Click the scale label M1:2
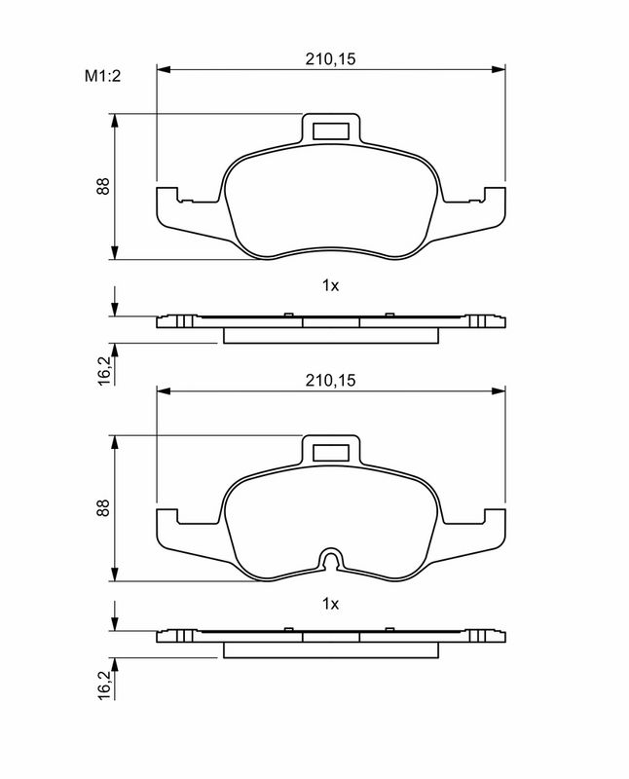[102, 76]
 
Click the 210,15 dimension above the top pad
[330, 59]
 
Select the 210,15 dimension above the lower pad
[330, 381]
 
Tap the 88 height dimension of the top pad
[103, 186]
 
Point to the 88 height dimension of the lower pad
[103, 507]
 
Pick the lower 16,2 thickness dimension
[104, 685]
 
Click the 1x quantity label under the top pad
[330, 285]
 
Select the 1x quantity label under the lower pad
[330, 604]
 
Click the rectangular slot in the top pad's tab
[331, 130]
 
